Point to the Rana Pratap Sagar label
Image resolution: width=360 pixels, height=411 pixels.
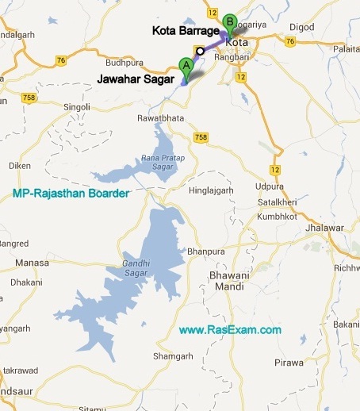coord(162,162)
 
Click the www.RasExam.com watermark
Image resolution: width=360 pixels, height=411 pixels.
coord(230,329)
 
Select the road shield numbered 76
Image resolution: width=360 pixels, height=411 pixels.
coord(61,60)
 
